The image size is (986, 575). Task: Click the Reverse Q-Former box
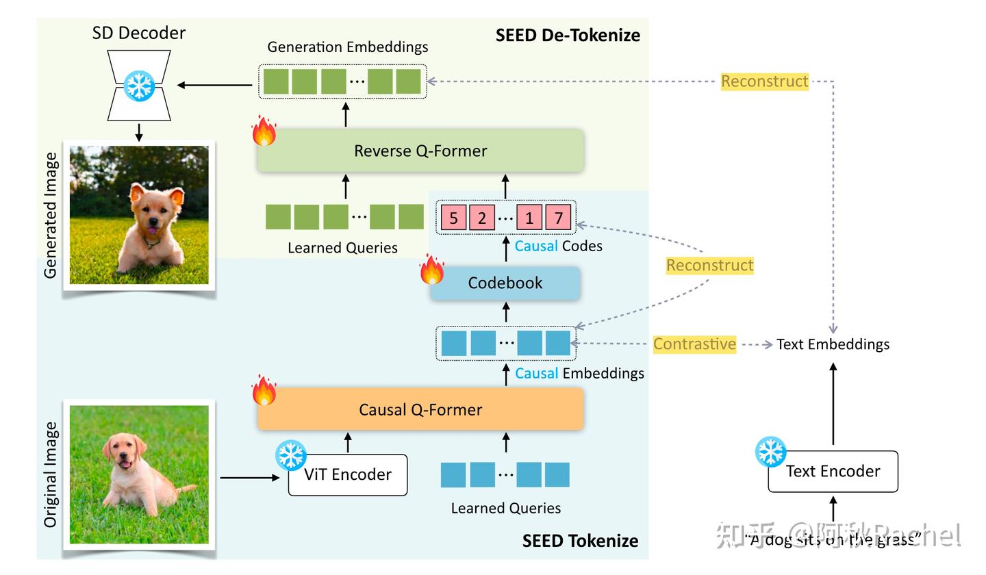420,151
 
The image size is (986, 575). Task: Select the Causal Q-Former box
420,409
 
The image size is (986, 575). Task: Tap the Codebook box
505,283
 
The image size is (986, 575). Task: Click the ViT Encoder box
348,474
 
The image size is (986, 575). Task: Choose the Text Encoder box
833,471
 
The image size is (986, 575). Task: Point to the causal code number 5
453,218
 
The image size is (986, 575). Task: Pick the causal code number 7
558,218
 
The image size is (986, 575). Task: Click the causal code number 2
482,218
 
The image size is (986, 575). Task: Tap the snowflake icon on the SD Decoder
139,85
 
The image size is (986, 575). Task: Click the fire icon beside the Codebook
431,270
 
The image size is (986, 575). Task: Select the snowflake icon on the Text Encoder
770,452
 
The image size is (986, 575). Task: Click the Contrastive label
694,344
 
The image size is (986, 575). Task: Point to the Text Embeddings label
833,344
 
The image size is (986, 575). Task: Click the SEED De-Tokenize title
568,35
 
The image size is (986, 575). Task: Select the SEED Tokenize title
580,541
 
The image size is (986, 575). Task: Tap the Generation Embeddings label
347,47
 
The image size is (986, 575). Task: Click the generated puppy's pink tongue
151,230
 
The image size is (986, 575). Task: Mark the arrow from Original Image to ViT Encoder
250,477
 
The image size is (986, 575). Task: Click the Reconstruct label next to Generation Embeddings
764,81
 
